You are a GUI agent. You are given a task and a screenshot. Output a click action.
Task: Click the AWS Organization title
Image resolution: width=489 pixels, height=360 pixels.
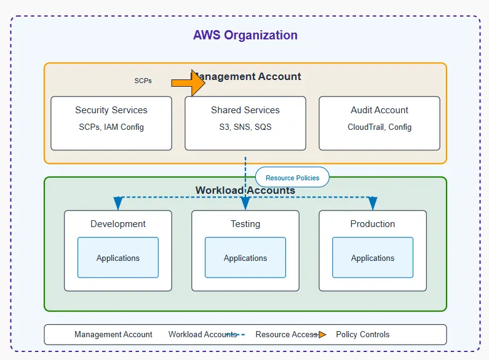pos(245,35)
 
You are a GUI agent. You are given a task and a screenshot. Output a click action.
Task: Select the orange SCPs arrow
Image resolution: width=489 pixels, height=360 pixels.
pos(189,82)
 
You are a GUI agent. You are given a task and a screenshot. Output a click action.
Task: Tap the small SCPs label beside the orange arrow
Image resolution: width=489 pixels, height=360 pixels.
pos(143,81)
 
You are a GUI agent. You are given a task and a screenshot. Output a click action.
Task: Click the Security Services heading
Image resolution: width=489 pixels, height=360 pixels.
pos(111,110)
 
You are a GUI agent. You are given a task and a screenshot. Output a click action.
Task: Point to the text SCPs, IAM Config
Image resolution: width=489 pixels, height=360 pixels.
pos(111,127)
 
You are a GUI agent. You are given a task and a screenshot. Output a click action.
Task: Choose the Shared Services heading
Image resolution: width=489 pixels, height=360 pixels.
pos(245,110)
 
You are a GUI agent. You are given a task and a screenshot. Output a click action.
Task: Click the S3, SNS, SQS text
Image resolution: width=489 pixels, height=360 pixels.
pos(245,127)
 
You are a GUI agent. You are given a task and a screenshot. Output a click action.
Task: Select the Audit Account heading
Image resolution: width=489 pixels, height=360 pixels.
pos(379,110)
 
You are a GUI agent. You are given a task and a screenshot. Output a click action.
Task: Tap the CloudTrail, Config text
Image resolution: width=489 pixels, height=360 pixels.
pos(379,127)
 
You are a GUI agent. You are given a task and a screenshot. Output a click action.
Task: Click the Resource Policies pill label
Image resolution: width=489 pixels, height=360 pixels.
pos(292,178)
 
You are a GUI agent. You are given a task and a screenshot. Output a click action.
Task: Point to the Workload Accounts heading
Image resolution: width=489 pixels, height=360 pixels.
pos(245,190)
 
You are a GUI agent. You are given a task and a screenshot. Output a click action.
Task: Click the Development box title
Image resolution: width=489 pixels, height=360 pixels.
pos(118,224)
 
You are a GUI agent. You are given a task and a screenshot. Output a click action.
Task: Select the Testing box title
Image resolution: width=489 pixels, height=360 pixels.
pos(245,224)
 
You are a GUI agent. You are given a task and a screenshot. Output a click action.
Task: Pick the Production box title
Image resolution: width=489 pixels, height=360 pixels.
pos(372,224)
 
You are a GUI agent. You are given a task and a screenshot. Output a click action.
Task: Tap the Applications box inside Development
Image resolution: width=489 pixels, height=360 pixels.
pos(118,258)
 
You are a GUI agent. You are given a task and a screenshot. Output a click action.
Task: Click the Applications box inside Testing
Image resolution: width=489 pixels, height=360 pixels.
pos(245,258)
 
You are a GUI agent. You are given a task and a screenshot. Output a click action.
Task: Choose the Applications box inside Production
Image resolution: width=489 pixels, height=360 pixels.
pos(372,258)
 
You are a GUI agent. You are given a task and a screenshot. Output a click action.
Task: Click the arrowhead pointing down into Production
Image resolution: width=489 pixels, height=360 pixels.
pos(372,204)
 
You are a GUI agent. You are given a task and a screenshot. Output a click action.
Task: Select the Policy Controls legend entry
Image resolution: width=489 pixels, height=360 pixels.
pos(362,335)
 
